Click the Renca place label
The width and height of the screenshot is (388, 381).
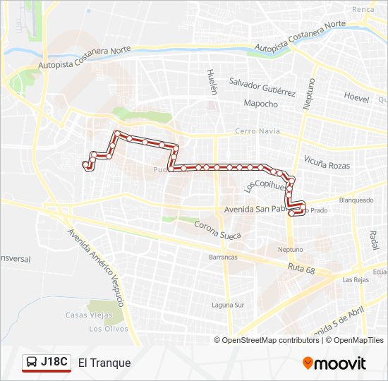[x=363, y=9]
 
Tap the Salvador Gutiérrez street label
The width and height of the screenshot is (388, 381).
[x=262, y=91]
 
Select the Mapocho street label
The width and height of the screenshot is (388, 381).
[x=260, y=104]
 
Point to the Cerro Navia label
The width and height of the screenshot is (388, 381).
[x=257, y=131]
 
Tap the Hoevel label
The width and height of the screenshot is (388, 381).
[x=356, y=98]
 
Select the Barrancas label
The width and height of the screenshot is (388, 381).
[x=223, y=258]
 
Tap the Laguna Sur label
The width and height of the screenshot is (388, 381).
[x=228, y=306]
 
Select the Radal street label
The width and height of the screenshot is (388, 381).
[x=373, y=240]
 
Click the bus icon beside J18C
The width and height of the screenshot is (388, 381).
[x=32, y=363]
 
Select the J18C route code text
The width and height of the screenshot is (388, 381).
[x=54, y=363]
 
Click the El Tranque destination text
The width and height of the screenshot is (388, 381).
[x=104, y=363]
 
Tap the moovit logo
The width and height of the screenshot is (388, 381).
[x=334, y=363]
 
